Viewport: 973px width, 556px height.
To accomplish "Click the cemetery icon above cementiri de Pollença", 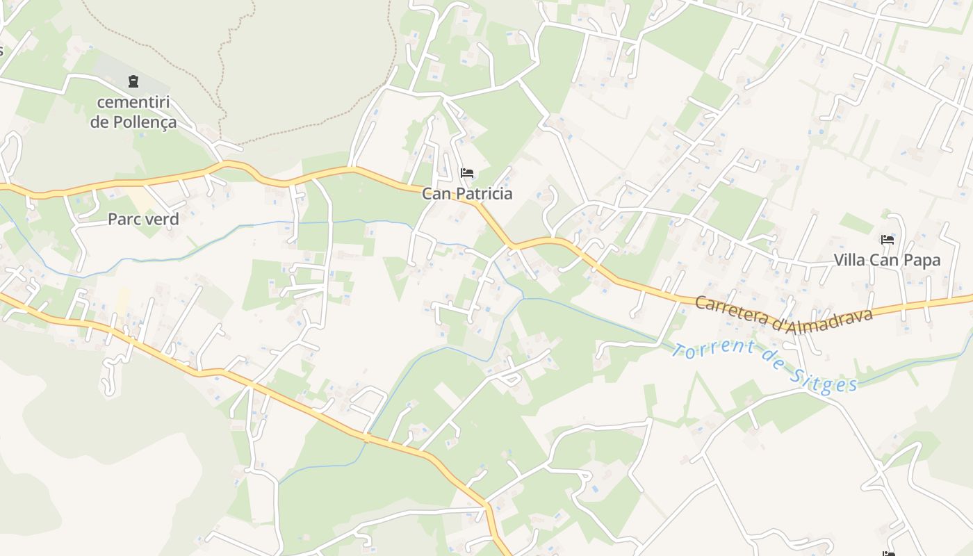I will click(x=133, y=81).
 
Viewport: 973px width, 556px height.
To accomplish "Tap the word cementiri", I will click(x=133, y=102).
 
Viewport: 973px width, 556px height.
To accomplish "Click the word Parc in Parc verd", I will click(x=123, y=220).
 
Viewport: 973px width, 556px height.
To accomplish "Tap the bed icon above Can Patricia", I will click(x=467, y=172).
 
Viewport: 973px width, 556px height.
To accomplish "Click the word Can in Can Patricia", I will click(x=436, y=194).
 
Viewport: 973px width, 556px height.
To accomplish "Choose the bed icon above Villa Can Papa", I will click(x=888, y=239).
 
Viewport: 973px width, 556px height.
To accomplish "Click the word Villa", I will click(x=851, y=261).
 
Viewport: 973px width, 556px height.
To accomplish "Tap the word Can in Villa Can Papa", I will click(x=886, y=261).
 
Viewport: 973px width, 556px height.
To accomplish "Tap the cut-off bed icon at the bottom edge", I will click(x=888, y=553).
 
